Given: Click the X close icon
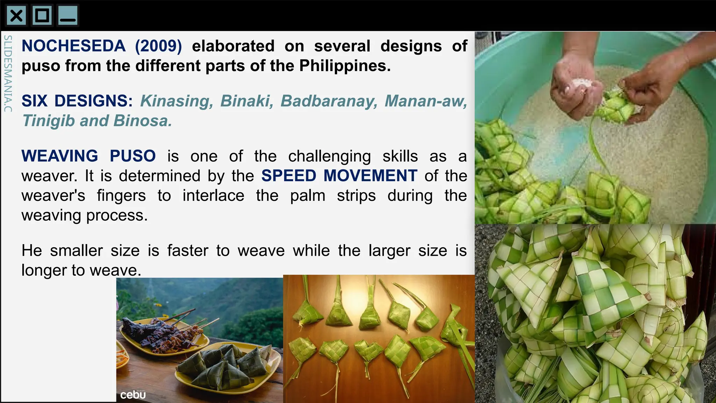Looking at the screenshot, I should click(16, 16).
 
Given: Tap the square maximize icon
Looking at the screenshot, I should click(42, 16).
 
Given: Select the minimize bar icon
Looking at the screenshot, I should click(68, 16).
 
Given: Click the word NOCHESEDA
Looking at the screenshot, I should click(73, 46).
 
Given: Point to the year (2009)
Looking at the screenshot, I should click(158, 46).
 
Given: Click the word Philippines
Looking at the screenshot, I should click(345, 66).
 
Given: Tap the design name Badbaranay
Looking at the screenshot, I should click(329, 101).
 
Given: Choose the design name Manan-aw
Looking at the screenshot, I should click(426, 101).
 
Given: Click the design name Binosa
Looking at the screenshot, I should click(143, 121).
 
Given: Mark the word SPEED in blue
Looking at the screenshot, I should click(289, 176).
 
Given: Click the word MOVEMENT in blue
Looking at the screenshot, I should click(370, 176).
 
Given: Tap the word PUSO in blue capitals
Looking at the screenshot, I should click(133, 156).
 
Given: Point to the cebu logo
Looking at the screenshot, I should click(133, 395).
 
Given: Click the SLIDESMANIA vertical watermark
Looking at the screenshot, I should click(8, 73).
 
